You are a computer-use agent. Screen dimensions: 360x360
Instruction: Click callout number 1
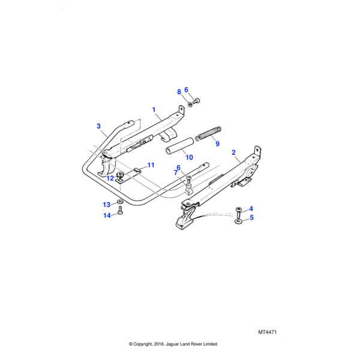[154, 110]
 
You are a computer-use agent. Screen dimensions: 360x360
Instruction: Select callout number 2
[234, 152]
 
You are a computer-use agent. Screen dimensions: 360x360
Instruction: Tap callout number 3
[99, 126]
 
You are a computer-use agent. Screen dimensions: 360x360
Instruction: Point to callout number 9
[217, 144]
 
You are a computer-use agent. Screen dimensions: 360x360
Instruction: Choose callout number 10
[189, 157]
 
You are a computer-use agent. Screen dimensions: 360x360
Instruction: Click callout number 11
[151, 165]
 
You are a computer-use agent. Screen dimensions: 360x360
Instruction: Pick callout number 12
[110, 178]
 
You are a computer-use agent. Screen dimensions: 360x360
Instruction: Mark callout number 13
[107, 205]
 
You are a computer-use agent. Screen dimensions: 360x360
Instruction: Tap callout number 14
[107, 215]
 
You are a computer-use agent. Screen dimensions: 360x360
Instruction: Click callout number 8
[179, 92]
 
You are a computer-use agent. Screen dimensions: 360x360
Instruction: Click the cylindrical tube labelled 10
[180, 146]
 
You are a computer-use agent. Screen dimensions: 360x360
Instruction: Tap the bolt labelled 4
[238, 212]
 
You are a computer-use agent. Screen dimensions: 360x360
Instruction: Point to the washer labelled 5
[238, 221]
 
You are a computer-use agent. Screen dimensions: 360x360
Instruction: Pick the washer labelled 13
[120, 202]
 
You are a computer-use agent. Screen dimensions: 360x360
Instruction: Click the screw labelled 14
[120, 211]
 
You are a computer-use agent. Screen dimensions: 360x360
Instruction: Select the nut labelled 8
[190, 104]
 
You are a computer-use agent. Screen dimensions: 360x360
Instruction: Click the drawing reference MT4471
[268, 332]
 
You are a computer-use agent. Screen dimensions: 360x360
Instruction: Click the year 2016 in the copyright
[158, 344]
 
